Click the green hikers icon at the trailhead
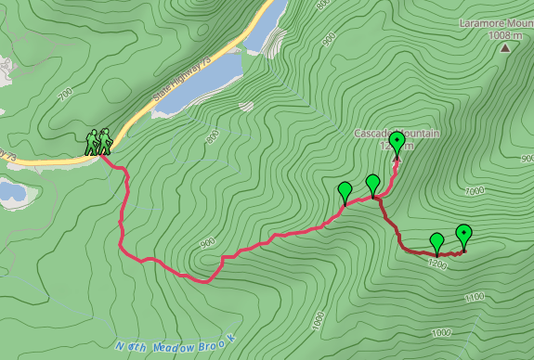click(x=99, y=141)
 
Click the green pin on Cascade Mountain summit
click(x=397, y=143)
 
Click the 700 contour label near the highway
click(x=65, y=96)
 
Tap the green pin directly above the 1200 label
click(x=436, y=242)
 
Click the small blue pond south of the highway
click(x=11, y=192)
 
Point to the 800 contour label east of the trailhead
click(x=212, y=136)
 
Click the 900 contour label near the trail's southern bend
click(x=207, y=242)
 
